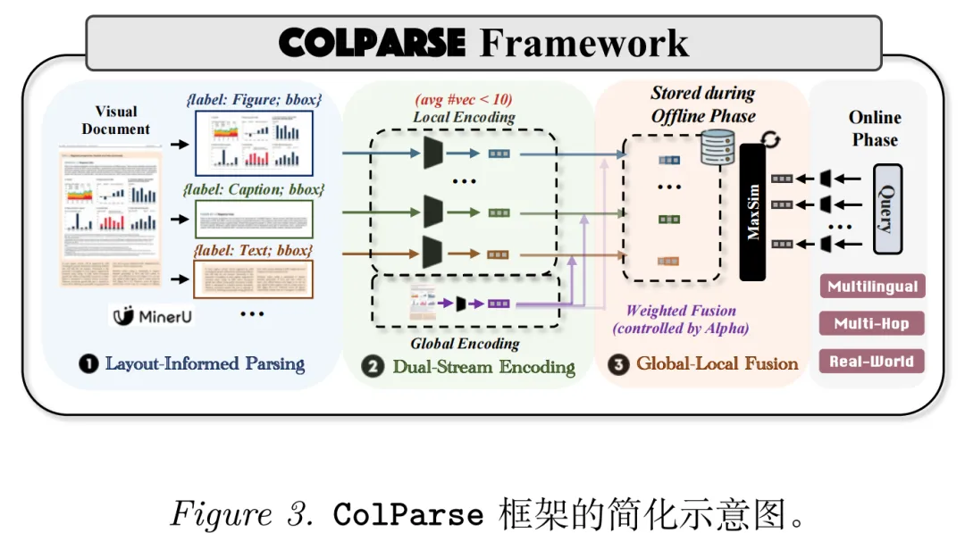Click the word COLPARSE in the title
[372, 42]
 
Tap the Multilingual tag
[872, 287]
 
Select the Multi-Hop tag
[872, 323]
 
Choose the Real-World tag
[872, 361]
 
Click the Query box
[886, 208]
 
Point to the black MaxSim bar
[753, 212]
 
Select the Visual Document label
[116, 121]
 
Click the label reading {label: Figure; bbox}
[255, 100]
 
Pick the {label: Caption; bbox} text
[253, 189]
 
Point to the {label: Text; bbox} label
[253, 250]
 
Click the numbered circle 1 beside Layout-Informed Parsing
[88, 364]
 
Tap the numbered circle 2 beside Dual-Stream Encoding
[372, 366]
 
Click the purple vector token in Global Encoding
[499, 304]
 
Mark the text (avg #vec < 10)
[464, 99]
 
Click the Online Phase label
[875, 129]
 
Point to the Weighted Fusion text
[681, 311]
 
